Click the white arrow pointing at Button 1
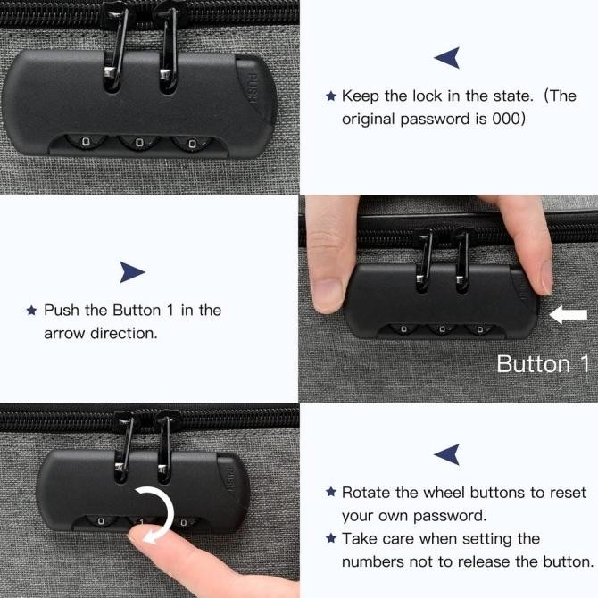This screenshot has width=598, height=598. (568, 315)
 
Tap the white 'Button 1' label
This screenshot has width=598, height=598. (543, 364)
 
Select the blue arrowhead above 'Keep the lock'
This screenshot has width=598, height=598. (447, 58)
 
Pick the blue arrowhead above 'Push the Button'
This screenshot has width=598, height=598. (132, 272)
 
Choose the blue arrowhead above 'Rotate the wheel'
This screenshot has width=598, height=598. (447, 454)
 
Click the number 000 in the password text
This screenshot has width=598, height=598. (506, 119)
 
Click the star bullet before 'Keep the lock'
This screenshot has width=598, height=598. (331, 96)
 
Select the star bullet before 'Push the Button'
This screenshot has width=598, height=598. (31, 310)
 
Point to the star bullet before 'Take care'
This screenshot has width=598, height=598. (331, 538)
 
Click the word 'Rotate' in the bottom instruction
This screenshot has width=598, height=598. (366, 493)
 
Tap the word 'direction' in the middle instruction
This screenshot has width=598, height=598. (123, 333)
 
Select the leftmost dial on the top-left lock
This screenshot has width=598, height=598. (87, 142)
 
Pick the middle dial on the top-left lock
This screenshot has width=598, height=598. (139, 142)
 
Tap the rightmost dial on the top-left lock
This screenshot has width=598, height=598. (192, 144)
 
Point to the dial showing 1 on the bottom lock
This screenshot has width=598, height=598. (142, 522)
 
